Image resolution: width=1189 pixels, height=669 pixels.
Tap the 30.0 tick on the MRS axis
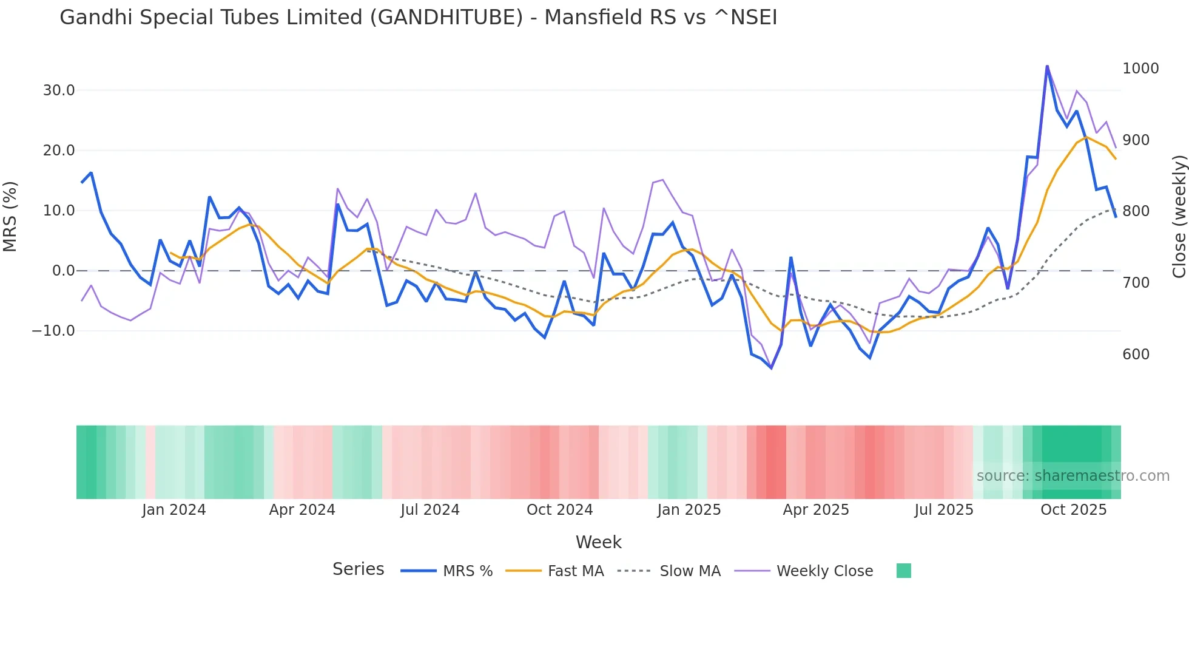click(59, 90)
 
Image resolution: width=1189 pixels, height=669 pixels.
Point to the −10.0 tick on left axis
click(53, 331)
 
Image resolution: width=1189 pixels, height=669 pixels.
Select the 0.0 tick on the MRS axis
click(63, 271)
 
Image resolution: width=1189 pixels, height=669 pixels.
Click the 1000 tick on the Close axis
click(1140, 69)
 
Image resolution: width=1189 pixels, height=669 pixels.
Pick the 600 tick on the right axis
click(1136, 355)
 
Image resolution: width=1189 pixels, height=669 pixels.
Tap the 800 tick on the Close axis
click(1136, 211)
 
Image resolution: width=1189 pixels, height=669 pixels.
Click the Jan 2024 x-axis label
click(174, 510)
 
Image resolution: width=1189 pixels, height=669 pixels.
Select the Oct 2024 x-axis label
click(559, 510)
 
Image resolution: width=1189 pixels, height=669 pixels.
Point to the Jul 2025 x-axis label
click(944, 510)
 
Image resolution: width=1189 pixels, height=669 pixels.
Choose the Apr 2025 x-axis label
click(816, 510)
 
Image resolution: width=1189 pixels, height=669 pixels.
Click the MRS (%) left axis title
click(10, 216)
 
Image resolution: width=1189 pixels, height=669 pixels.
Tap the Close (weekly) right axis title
click(1179, 217)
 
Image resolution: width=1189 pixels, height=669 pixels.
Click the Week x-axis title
click(598, 542)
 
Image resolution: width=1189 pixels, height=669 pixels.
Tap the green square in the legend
click(903, 571)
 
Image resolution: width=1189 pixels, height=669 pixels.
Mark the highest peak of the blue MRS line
click(1047, 66)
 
